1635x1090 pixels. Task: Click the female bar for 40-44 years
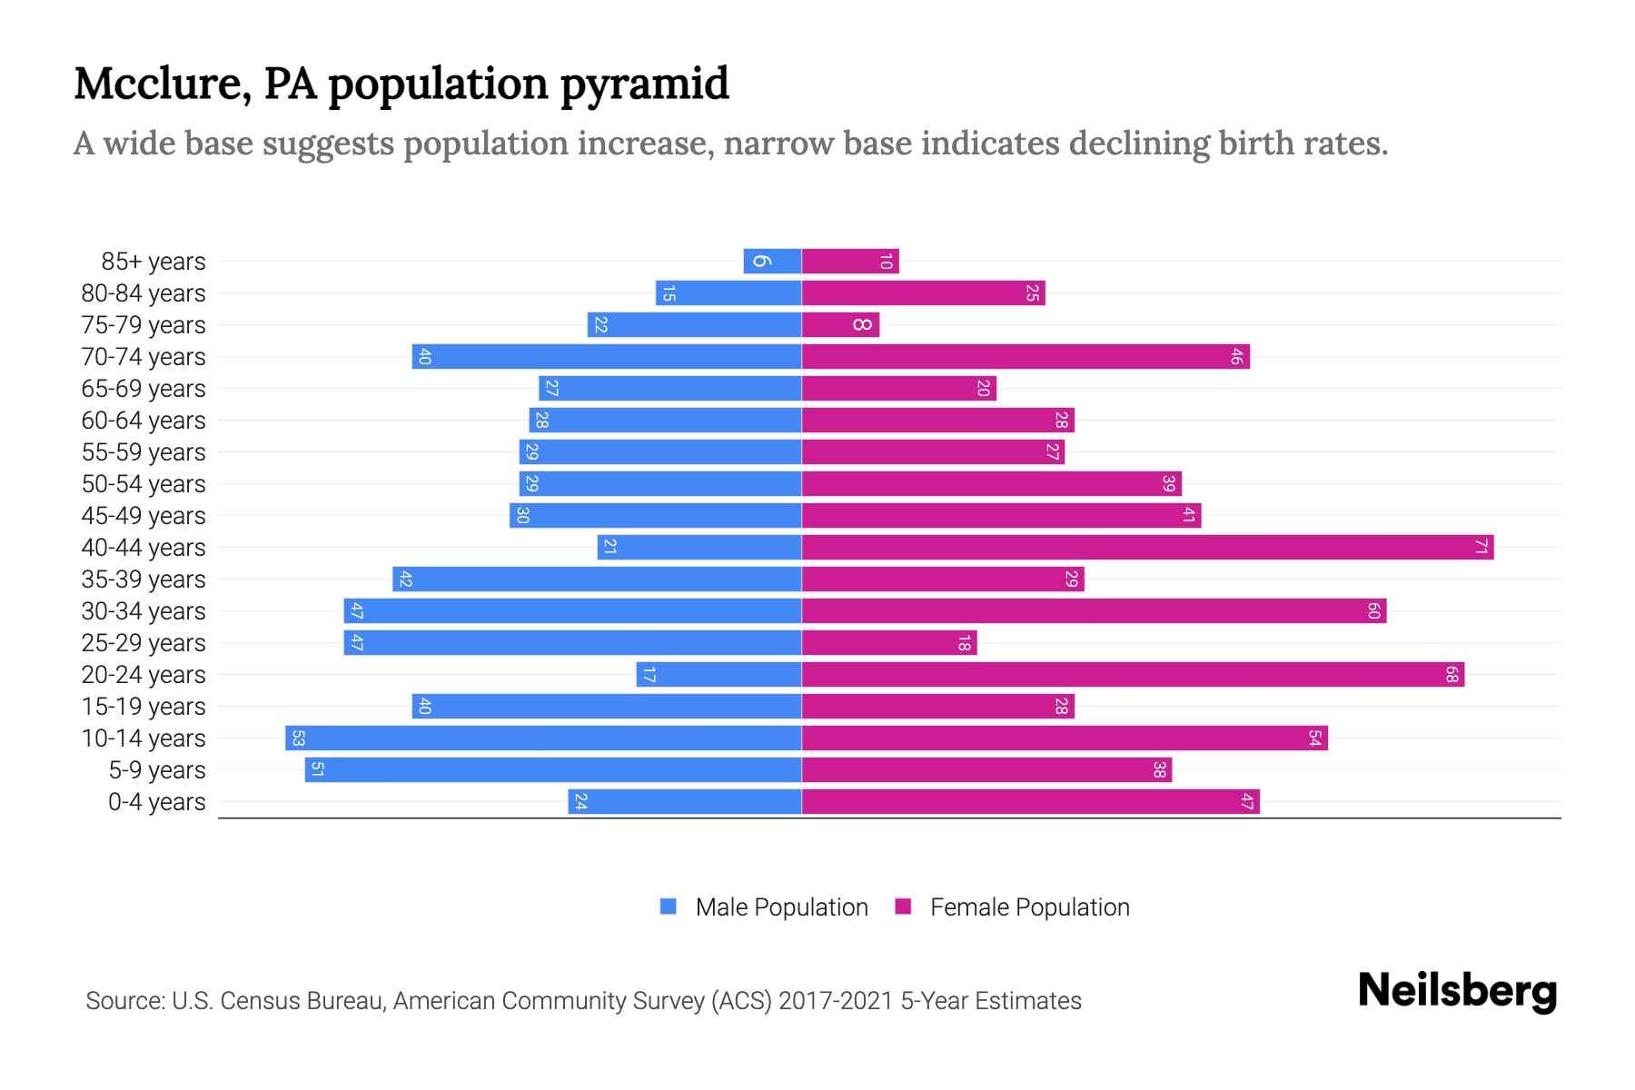tap(1146, 548)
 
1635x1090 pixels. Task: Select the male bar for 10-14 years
tap(543, 738)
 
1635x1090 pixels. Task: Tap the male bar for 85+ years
tap(772, 262)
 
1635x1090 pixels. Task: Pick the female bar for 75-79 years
tap(840, 325)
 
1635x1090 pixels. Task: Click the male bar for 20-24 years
tap(718, 675)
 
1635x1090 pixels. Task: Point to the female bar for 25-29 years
tap(888, 643)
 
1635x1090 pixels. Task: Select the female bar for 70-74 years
tap(1025, 357)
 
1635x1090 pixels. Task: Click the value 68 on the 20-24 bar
tap(1452, 675)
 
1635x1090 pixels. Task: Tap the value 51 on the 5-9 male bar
tap(317, 770)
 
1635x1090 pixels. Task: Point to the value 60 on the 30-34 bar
tap(1373, 611)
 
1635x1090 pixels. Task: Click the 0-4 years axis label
tap(156, 802)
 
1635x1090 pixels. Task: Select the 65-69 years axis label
tap(144, 389)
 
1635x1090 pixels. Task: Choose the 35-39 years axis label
tap(144, 580)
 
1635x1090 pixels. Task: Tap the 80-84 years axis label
tap(144, 293)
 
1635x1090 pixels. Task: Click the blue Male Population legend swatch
tap(669, 907)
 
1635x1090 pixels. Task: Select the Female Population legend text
tap(1029, 907)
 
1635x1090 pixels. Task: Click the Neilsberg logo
tap(1457, 991)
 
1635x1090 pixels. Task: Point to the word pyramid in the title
tap(644, 84)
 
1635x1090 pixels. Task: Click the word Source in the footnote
tap(124, 1001)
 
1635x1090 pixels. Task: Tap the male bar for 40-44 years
tap(699, 548)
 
